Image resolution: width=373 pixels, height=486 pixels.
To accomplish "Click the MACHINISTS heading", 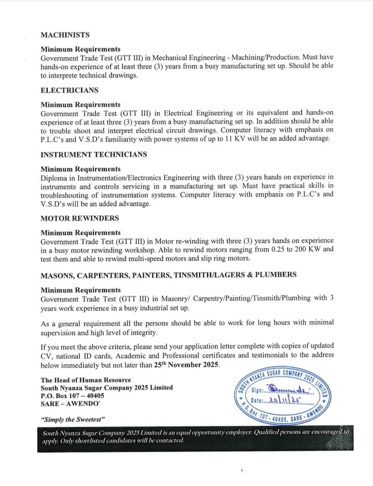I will tap(65, 35).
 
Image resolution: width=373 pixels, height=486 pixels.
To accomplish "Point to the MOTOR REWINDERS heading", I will tap(79, 218).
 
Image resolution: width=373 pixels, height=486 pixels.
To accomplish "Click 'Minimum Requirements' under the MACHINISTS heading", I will tap(81, 49).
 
